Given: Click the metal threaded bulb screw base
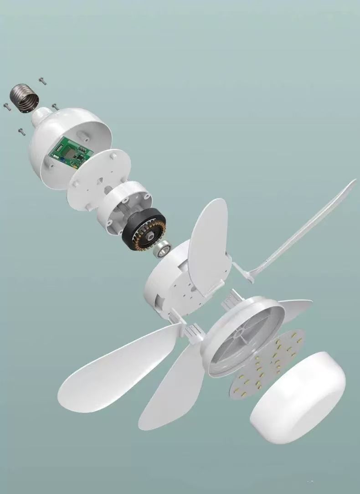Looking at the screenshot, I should (x=24, y=97).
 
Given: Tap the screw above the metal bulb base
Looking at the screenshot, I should (x=42, y=82).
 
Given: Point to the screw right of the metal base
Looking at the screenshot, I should (x=55, y=107).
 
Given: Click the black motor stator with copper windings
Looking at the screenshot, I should (x=144, y=229).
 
